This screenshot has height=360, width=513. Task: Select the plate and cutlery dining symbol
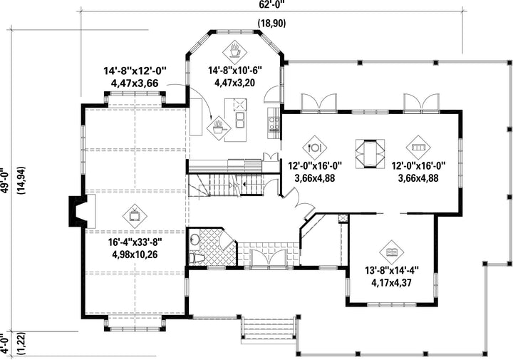(315, 148)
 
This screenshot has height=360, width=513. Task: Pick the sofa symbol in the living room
(418, 148)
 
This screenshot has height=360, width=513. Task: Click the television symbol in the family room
(135, 216)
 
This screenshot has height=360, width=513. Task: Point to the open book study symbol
(392, 252)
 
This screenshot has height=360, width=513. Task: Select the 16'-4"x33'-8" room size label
(135, 242)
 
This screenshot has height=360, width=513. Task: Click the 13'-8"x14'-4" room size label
(392, 271)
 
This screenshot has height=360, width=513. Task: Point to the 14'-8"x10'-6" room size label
(235, 71)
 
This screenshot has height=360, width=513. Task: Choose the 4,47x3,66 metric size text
(135, 83)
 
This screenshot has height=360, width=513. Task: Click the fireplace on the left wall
(78, 211)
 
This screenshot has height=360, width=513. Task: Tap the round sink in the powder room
(195, 240)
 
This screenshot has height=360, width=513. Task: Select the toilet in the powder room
(197, 259)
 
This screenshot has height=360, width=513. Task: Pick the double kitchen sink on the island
(240, 120)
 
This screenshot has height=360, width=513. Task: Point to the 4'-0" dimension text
(4, 344)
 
